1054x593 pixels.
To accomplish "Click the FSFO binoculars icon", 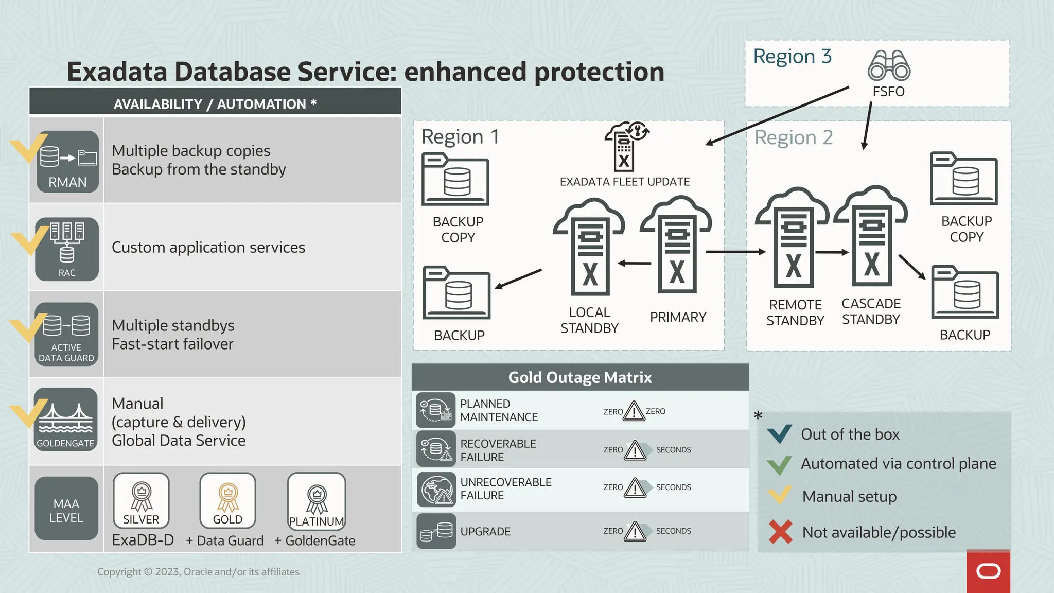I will (889, 65).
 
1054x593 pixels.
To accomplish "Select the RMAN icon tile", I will (67, 162).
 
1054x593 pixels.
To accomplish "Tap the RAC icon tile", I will (67, 249).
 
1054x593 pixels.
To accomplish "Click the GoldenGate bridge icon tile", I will (66, 420).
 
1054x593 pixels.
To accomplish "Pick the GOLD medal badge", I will (227, 500).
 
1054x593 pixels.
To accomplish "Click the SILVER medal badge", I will (141, 500).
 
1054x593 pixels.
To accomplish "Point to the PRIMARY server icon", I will (677, 247).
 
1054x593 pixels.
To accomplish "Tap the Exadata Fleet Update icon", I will (625, 147).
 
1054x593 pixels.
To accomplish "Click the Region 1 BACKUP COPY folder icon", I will (455, 180).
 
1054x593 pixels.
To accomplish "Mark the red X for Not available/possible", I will (780, 532).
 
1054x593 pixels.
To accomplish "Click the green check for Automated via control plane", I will (779, 464).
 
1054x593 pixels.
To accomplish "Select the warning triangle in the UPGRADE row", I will (635, 532).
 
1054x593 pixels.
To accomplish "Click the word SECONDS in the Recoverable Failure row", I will (673, 450).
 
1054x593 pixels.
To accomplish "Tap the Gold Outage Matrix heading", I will (580, 377).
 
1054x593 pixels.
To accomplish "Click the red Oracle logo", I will (988, 571).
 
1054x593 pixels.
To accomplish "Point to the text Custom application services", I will (208, 248).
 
